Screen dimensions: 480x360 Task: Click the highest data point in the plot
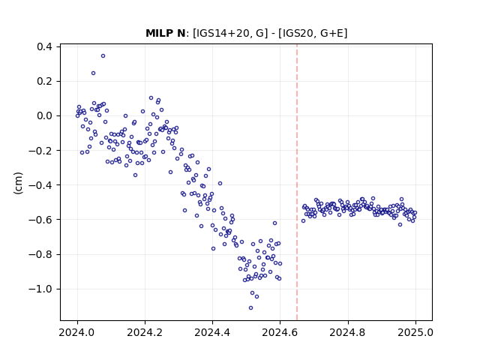[103, 56]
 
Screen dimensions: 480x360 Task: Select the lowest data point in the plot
[250, 308]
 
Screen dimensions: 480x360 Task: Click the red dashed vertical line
[297, 182]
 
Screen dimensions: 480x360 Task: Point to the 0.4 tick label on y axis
[44, 46]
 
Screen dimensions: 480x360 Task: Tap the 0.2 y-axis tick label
[44, 82]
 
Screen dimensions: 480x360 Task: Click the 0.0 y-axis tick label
[44, 116]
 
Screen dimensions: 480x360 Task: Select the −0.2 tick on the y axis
[40, 151]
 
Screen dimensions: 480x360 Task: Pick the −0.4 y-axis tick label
[40, 185]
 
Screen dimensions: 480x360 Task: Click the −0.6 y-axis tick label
[40, 220]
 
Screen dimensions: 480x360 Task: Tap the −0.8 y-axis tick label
[40, 254]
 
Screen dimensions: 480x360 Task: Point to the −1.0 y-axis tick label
[40, 289]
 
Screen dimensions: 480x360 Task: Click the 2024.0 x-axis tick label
[77, 332]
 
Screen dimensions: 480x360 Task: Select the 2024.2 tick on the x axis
[145, 332]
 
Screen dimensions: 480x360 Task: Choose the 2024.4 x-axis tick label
[212, 332]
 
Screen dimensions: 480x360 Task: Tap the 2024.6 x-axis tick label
[280, 332]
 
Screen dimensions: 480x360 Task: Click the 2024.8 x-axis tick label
[347, 332]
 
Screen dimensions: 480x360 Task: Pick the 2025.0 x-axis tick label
[415, 332]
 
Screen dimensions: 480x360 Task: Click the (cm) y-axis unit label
[18, 183]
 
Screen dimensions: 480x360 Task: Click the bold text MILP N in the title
[165, 33]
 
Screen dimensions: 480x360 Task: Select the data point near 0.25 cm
[93, 73]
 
